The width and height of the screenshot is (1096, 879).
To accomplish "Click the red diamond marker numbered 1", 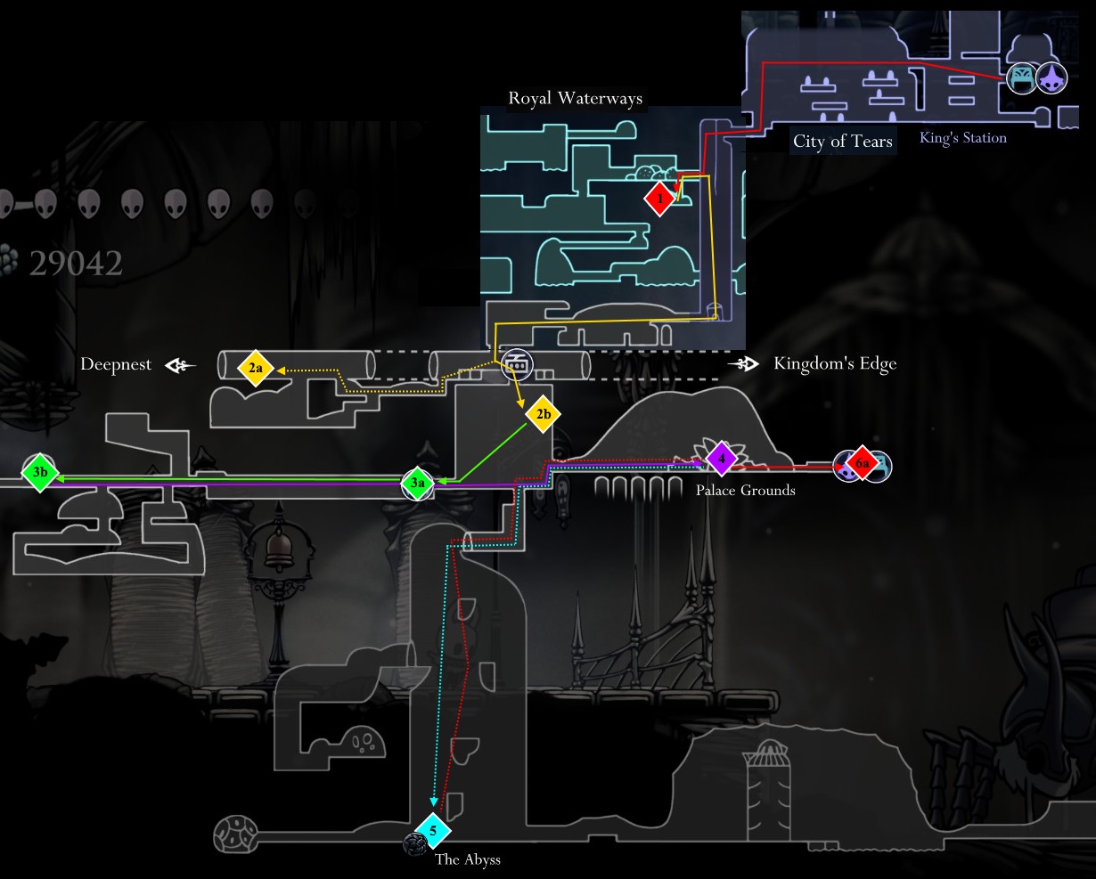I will [x=659, y=199].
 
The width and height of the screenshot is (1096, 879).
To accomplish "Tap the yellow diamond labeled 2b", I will [x=543, y=414].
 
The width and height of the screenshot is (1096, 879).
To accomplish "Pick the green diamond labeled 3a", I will [x=418, y=483].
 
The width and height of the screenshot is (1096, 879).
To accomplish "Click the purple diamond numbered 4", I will [x=722, y=460].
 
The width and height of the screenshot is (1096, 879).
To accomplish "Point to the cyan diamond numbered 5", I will [x=433, y=831].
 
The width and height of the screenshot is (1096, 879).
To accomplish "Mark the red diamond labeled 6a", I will [x=862, y=464].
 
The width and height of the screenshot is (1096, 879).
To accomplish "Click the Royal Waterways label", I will [x=575, y=98].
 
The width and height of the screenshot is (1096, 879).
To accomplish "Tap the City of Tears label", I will [x=842, y=142].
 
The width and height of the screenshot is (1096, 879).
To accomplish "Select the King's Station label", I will [x=963, y=138].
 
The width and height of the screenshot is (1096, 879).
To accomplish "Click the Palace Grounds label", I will [x=745, y=490].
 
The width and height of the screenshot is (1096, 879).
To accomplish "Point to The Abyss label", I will [x=468, y=859].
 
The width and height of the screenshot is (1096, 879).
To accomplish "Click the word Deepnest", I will [x=116, y=364].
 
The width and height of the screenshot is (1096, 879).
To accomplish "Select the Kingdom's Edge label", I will [x=835, y=363].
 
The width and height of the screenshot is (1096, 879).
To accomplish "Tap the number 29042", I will [x=76, y=264].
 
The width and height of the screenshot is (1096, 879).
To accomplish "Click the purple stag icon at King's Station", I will [x=1051, y=78].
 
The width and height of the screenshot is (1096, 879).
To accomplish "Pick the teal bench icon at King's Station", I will [x=1021, y=78].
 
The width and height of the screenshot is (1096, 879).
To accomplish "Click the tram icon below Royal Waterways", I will [x=516, y=363].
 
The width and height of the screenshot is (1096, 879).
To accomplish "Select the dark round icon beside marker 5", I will [x=413, y=843].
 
